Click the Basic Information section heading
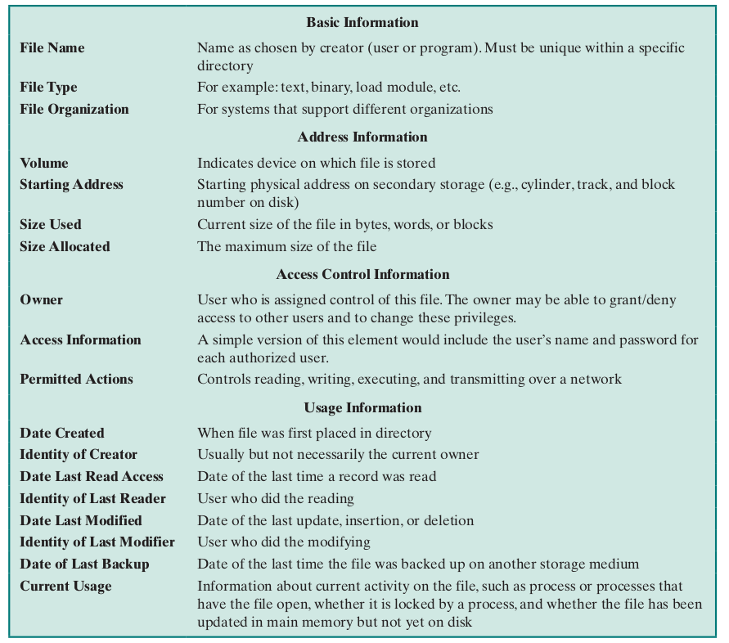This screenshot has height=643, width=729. pyautogui.click(x=362, y=23)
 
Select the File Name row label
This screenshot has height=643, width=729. pyautogui.click(x=52, y=48)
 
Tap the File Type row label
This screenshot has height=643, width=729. pyautogui.click(x=48, y=88)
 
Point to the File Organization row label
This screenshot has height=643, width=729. pyautogui.click(x=74, y=110)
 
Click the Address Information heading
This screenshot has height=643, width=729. pyautogui.click(x=362, y=137)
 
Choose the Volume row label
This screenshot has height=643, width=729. pyautogui.click(x=44, y=163)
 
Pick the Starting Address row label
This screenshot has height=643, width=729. pyautogui.click(x=72, y=185)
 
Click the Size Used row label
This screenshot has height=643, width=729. pyautogui.click(x=51, y=225)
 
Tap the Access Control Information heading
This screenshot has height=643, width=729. pyautogui.click(x=362, y=275)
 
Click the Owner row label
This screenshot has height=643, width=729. pyautogui.click(x=42, y=300)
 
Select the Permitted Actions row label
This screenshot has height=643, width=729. pyautogui.click(x=76, y=380)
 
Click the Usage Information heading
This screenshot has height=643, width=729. pyautogui.click(x=362, y=408)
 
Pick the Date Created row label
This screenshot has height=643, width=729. pyautogui.click(x=62, y=434)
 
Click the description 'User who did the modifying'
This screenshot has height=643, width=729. pyautogui.click(x=284, y=542)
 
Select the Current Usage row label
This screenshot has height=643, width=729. pyautogui.click(x=65, y=587)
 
